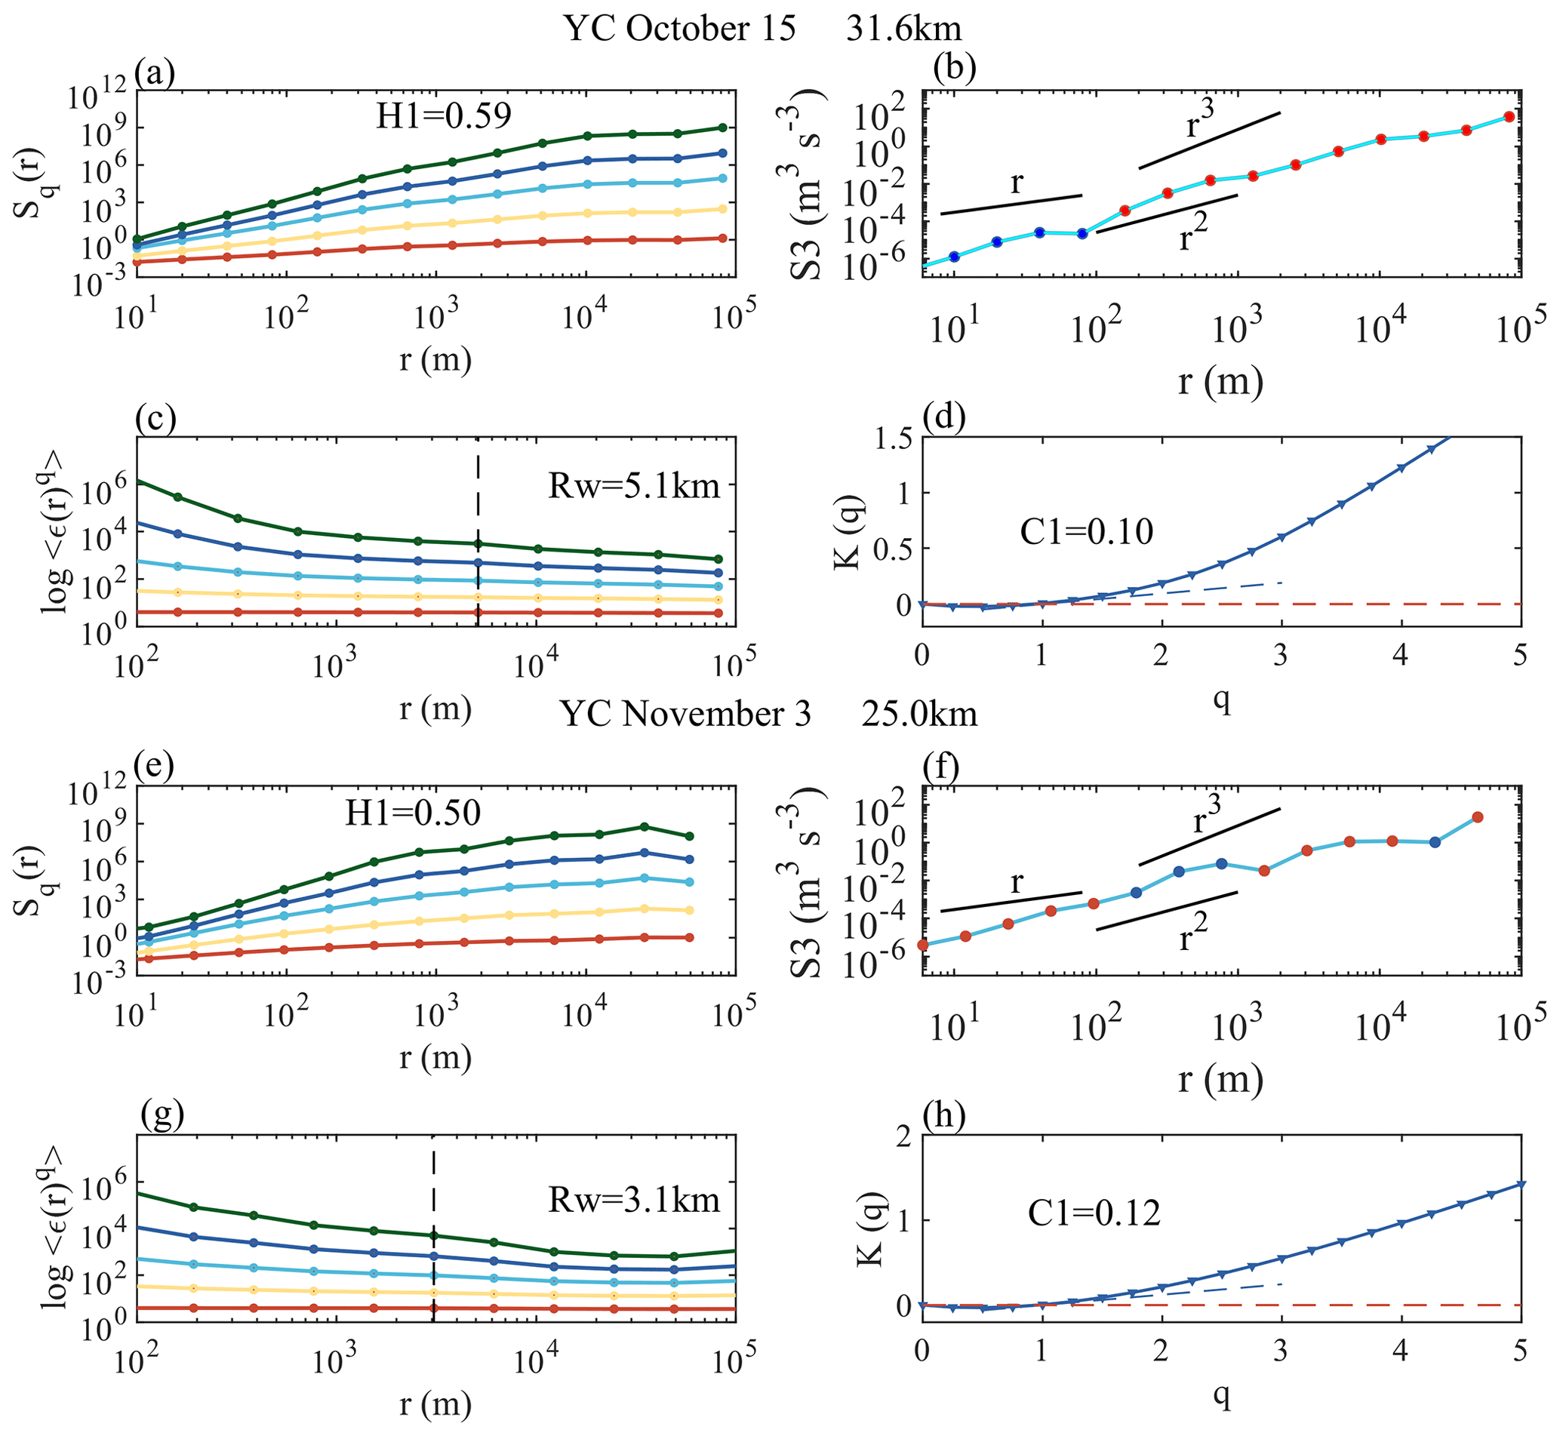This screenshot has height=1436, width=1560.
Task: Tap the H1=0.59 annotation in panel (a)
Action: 444,115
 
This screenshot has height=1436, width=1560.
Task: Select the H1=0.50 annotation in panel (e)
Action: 413,813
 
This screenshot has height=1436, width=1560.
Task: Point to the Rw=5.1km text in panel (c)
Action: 633,487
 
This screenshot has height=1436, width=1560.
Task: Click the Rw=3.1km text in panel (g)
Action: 633,1201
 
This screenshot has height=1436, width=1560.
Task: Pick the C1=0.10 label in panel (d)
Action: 1087,532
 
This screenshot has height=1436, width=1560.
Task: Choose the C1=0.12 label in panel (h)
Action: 1094,1213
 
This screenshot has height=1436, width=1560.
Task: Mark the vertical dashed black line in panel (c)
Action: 477,505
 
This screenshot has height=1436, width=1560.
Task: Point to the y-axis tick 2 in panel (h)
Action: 903,1138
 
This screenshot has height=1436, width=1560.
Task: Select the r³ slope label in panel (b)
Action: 1200,121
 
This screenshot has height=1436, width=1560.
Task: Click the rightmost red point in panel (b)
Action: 1509,116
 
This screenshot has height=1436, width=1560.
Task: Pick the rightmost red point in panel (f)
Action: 1477,816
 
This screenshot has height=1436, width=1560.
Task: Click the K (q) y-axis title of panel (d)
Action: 848,530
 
